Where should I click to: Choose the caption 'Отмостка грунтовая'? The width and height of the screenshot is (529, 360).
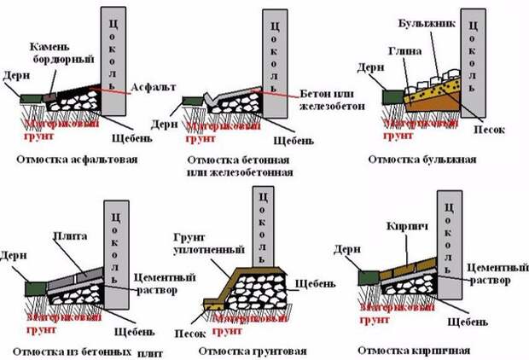(239, 350)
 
